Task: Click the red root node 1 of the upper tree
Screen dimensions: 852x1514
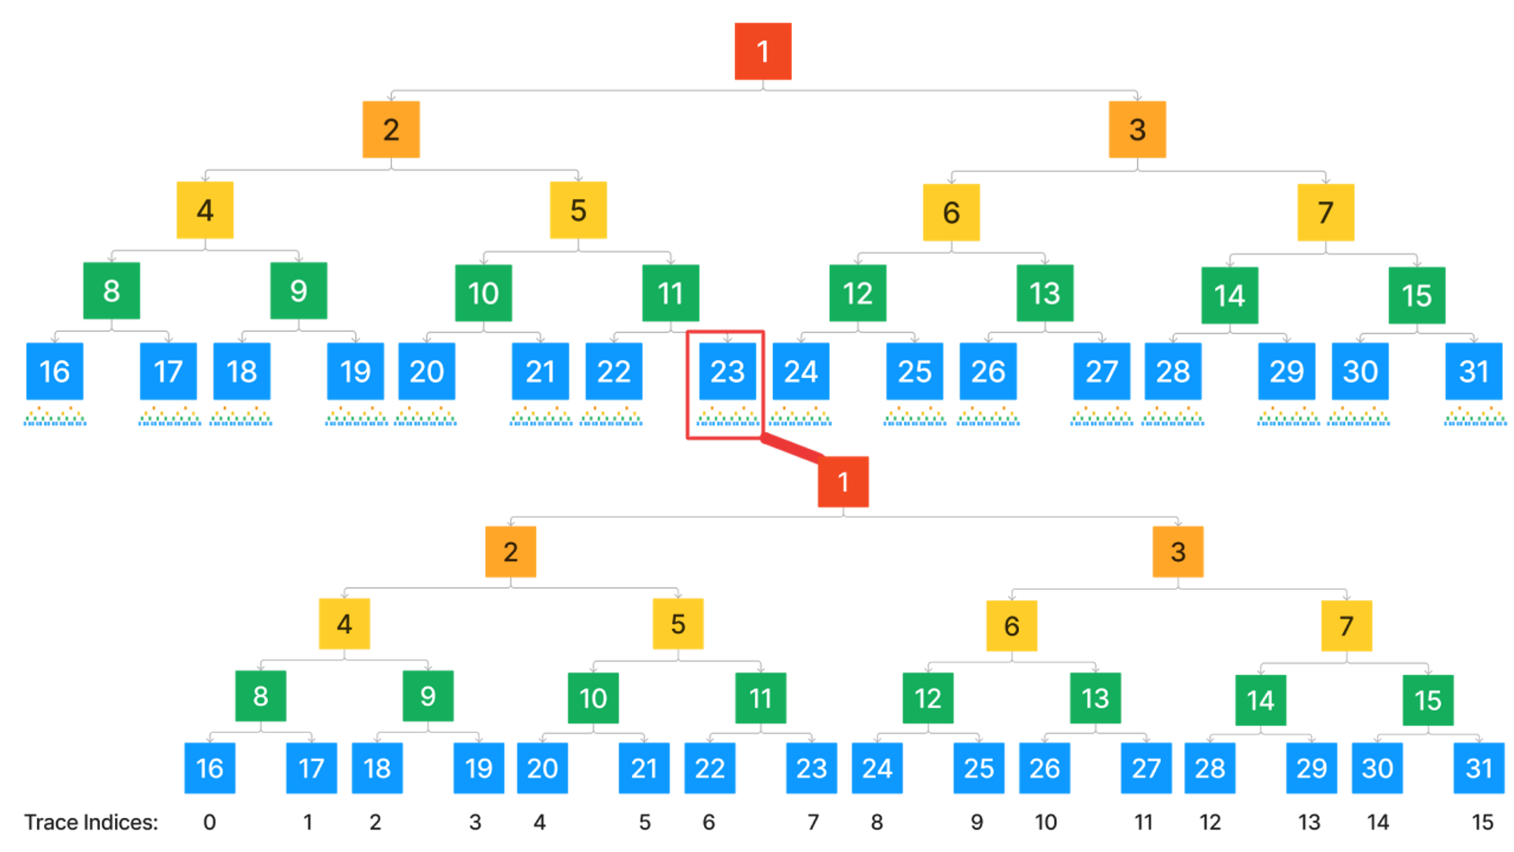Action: tap(763, 51)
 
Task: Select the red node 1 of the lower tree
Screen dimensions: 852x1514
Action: tap(843, 482)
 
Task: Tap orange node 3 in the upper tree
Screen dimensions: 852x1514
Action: tap(1137, 130)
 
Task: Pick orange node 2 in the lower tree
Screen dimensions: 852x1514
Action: tap(511, 552)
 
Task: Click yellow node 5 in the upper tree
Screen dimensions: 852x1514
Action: tap(578, 211)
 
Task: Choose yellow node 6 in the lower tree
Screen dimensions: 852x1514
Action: tap(1011, 626)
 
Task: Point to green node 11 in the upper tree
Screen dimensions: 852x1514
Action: tap(670, 293)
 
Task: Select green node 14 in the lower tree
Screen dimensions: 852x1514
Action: tap(1260, 700)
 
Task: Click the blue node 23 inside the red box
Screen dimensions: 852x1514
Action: tap(727, 371)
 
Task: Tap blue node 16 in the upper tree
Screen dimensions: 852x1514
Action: tap(55, 371)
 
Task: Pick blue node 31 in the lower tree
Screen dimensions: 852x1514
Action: tap(1478, 769)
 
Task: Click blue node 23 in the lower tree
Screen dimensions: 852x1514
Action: tap(812, 769)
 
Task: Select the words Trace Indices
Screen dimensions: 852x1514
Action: tap(92, 822)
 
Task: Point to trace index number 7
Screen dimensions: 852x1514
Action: tap(813, 822)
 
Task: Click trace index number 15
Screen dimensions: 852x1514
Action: tap(1482, 822)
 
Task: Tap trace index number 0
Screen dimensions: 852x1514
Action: tap(210, 822)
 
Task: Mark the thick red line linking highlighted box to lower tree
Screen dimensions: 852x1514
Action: tap(791, 448)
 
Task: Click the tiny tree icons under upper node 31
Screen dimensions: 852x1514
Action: tap(1475, 417)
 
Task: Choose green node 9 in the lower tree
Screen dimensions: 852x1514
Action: tap(428, 696)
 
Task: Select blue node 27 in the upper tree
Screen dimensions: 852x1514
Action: tap(1101, 371)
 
